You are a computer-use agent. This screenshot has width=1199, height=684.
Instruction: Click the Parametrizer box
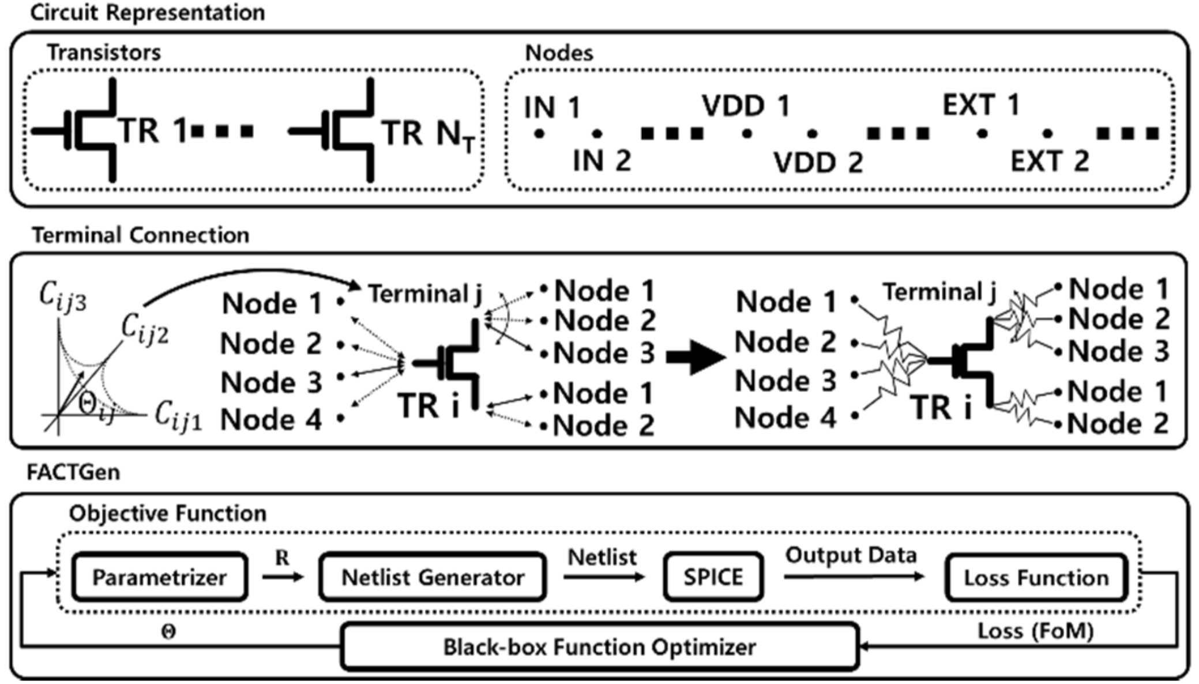(159, 577)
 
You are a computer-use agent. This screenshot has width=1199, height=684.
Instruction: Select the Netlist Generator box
(433, 577)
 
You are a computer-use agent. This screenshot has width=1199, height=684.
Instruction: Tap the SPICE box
(713, 577)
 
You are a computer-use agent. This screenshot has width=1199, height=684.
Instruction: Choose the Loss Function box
(1036, 578)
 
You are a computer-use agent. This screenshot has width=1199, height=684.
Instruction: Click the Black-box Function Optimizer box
(599, 647)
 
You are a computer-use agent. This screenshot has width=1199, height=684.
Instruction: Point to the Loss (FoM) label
(1036, 631)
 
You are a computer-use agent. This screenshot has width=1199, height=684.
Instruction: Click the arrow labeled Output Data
(854, 576)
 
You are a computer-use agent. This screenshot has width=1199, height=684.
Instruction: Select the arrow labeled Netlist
(603, 576)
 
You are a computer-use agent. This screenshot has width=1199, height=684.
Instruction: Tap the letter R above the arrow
(282, 558)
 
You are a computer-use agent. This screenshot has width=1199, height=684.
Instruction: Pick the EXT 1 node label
(981, 105)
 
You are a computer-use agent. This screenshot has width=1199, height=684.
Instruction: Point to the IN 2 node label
(602, 160)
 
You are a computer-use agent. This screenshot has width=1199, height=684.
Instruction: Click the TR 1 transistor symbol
(87, 131)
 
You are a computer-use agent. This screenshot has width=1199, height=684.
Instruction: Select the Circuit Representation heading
(148, 13)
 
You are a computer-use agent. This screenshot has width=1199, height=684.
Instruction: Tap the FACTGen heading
(73, 472)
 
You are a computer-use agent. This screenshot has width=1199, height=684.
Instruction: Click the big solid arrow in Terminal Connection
(695, 357)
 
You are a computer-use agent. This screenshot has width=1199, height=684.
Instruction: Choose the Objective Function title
(168, 513)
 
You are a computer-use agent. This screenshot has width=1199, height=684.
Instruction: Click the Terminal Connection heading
(141, 235)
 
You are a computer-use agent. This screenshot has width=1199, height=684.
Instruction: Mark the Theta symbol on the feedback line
(168, 633)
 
